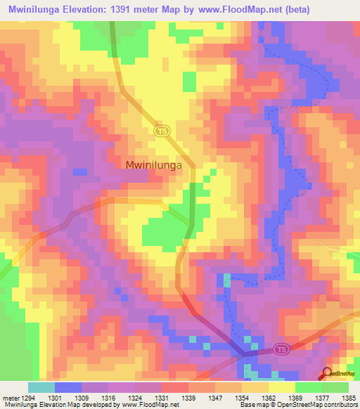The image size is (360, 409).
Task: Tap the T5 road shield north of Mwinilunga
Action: (x=162, y=131)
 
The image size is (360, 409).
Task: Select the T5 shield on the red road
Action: (x=280, y=349)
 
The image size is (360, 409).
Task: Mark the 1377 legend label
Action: (x=323, y=397)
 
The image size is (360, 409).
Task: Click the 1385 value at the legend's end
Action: (x=349, y=397)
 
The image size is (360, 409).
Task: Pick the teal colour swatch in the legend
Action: (x=41, y=387)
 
